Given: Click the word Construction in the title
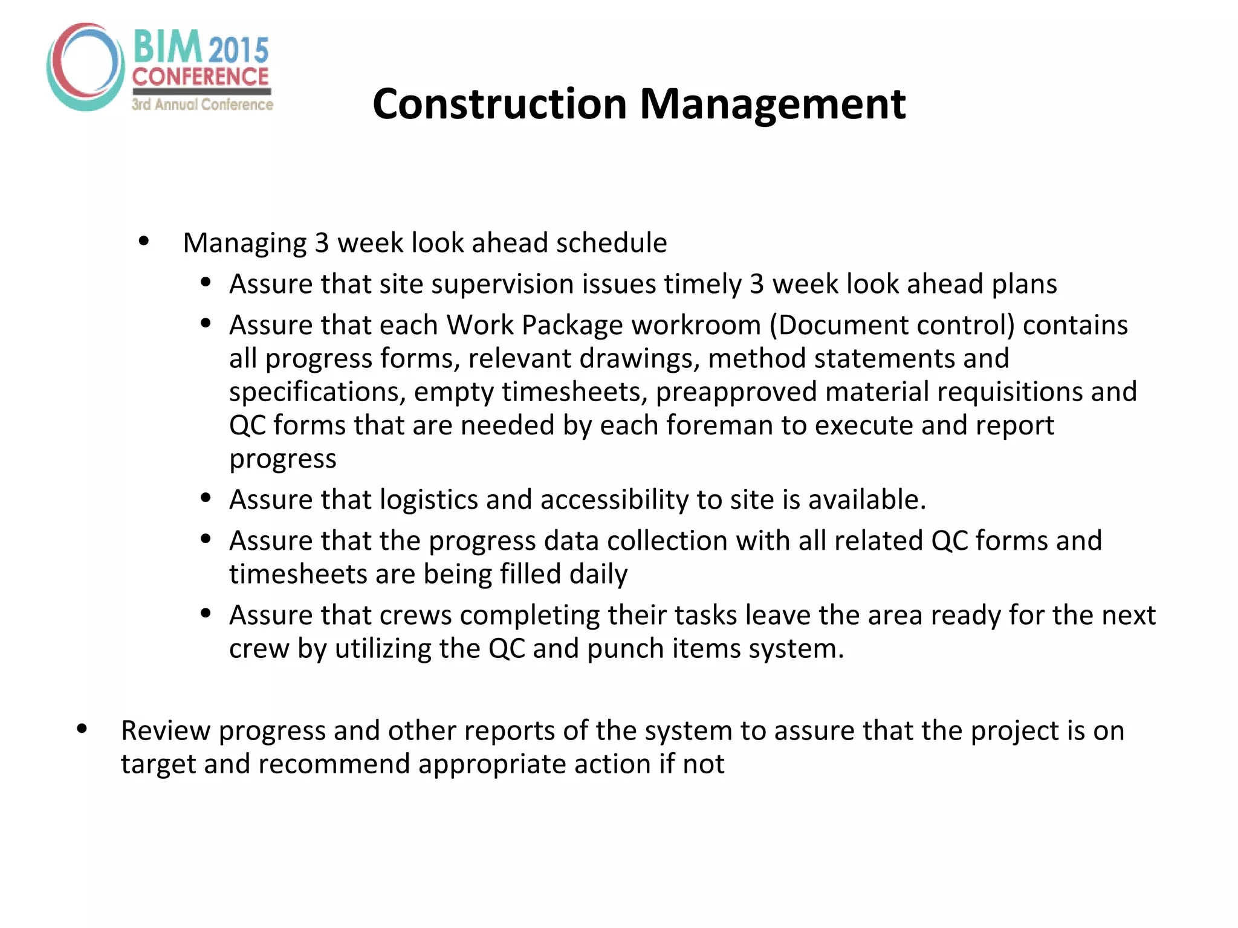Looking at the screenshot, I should (500, 104).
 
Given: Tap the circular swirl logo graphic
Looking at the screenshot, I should (85, 67).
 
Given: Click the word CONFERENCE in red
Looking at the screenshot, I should (200, 77).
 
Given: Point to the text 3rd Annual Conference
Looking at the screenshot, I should (203, 105).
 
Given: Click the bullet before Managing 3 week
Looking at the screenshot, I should (144, 242).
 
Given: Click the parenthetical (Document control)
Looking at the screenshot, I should (892, 325).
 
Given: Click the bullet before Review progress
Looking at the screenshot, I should (82, 729).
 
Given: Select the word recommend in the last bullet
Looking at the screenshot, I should (334, 764).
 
